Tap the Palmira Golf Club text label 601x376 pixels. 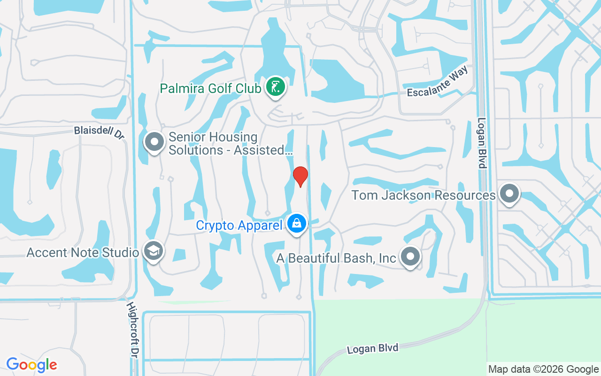(x=210, y=88)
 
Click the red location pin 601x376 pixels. (x=300, y=176)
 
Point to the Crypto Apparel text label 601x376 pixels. (x=239, y=225)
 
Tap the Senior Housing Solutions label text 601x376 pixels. (x=230, y=143)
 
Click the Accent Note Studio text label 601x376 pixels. (x=83, y=252)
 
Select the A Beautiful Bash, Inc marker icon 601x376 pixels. (x=410, y=257)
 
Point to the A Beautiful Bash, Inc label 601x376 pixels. (x=336, y=258)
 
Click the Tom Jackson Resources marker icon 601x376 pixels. (x=509, y=194)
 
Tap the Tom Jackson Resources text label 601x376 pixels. (x=424, y=195)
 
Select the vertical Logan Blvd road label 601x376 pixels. (x=482, y=142)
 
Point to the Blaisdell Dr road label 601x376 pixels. (x=99, y=132)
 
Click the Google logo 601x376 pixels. (x=31, y=364)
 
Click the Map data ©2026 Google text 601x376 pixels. (x=543, y=369)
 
